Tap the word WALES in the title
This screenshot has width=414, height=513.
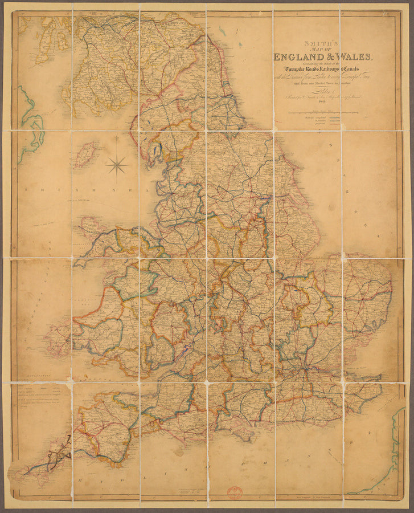pos(354,56)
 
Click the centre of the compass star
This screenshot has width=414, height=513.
pos(117,165)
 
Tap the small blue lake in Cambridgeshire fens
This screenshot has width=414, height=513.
pos(297,290)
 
